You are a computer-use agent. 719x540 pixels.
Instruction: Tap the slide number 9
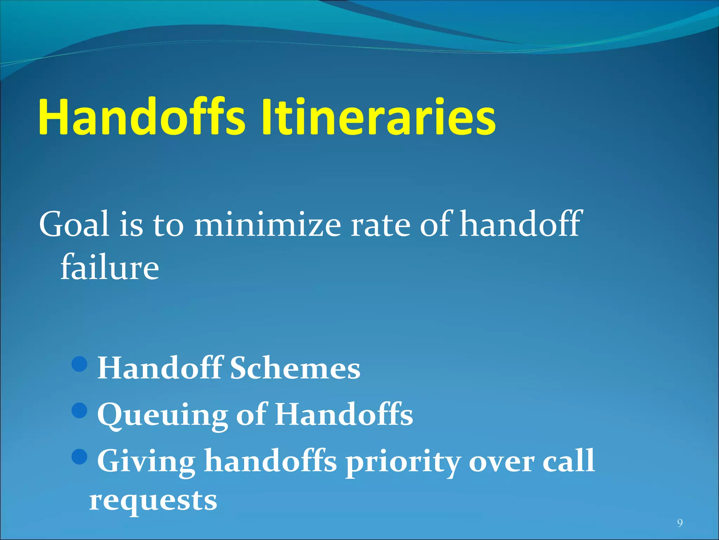tap(680, 523)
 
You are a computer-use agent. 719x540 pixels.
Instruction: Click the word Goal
tap(74, 224)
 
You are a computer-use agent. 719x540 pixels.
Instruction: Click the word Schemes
tap(295, 368)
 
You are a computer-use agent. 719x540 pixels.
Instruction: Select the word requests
tap(153, 501)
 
